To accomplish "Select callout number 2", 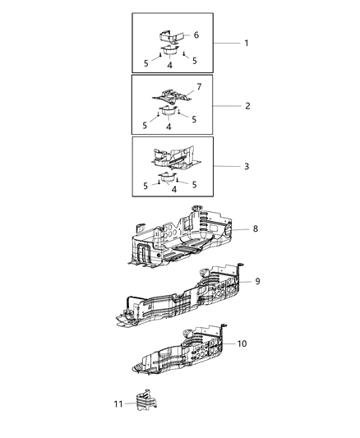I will [x=246, y=106].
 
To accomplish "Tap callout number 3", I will [x=246, y=167].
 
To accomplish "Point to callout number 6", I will [x=196, y=35].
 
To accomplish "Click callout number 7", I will [x=197, y=85].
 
